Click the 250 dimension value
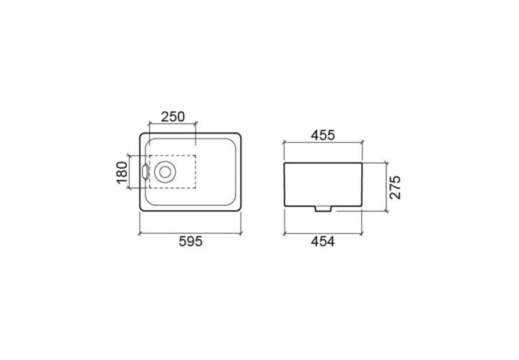click(173, 117)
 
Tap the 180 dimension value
click(122, 172)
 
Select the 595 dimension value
click(190, 242)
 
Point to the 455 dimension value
click(323, 135)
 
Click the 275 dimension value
click(395, 188)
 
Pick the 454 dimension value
click(323, 242)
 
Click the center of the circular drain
click(165, 172)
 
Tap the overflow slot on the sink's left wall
click(145, 172)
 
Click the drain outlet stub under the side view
click(323, 208)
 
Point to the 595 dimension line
click(190, 234)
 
